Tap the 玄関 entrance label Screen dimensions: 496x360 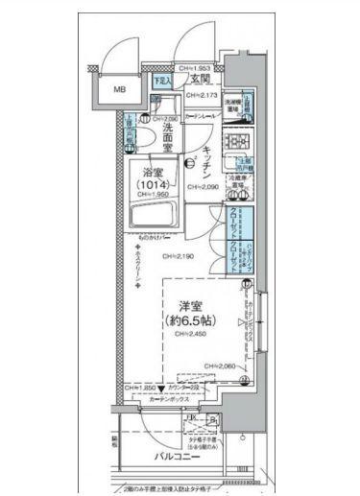click(x=199, y=79)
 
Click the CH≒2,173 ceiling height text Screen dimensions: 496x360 click(x=204, y=97)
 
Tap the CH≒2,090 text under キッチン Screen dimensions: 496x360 click(x=204, y=187)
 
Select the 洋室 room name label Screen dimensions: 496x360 click(x=192, y=304)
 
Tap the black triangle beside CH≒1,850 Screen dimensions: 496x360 click(x=161, y=388)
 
